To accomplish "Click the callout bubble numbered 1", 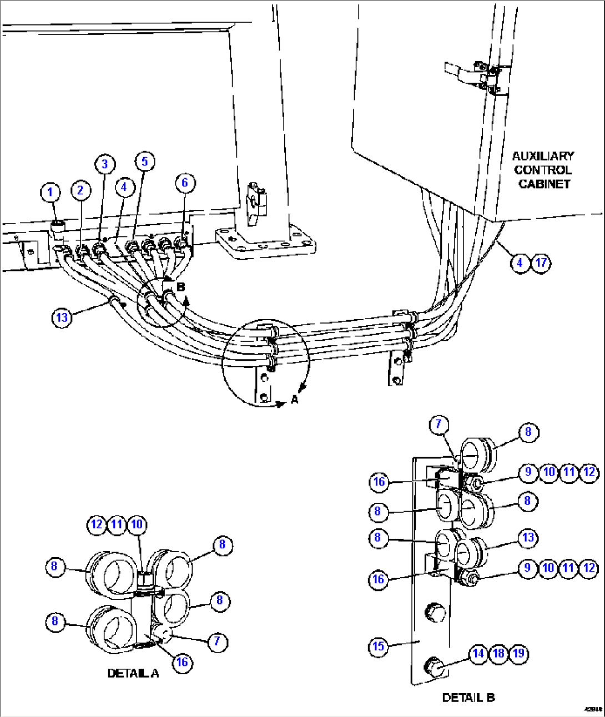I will point(50,193).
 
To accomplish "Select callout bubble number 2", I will point(80,190).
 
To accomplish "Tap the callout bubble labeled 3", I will point(104,164).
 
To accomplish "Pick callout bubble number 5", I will point(144,161).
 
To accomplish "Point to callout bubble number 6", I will point(185,183).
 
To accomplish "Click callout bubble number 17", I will point(541,262).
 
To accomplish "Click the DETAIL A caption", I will point(133,673).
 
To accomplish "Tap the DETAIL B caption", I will point(468,698).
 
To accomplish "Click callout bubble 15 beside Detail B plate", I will point(378,647).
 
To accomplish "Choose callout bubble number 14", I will point(478,653).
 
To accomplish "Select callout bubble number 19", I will point(518,653).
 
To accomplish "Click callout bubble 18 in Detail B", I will point(498,653).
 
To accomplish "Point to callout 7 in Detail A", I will point(217,642).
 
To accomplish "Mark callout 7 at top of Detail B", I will point(438,425).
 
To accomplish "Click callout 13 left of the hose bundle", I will point(62,317).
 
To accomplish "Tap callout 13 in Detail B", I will point(528,537).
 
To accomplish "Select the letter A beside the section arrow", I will point(294,399).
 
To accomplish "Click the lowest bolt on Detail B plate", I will point(433,666).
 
